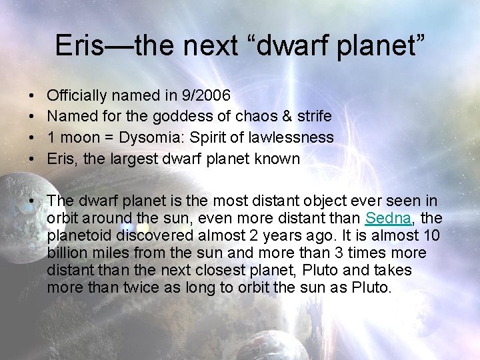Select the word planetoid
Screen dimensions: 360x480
click(79, 236)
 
